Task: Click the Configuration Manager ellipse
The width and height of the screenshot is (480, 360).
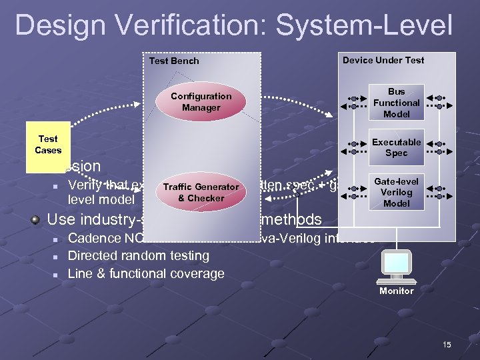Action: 201,102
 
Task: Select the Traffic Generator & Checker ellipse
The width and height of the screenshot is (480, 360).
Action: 201,193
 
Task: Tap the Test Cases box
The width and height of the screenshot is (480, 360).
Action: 48,145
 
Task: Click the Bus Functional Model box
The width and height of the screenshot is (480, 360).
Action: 396,103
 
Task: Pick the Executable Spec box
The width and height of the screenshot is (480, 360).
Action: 396,147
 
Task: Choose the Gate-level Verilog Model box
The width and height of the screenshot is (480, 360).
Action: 396,192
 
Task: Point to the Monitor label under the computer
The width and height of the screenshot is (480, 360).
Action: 396,291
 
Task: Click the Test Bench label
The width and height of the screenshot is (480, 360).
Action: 173,61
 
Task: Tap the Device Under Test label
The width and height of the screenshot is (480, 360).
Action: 383,60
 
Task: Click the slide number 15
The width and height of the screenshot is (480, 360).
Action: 446,344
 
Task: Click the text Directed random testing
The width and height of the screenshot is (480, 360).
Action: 138,255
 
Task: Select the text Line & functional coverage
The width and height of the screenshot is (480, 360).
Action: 146,273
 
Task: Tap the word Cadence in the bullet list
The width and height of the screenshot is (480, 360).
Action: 95,238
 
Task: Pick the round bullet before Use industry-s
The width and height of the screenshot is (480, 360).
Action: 37,220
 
